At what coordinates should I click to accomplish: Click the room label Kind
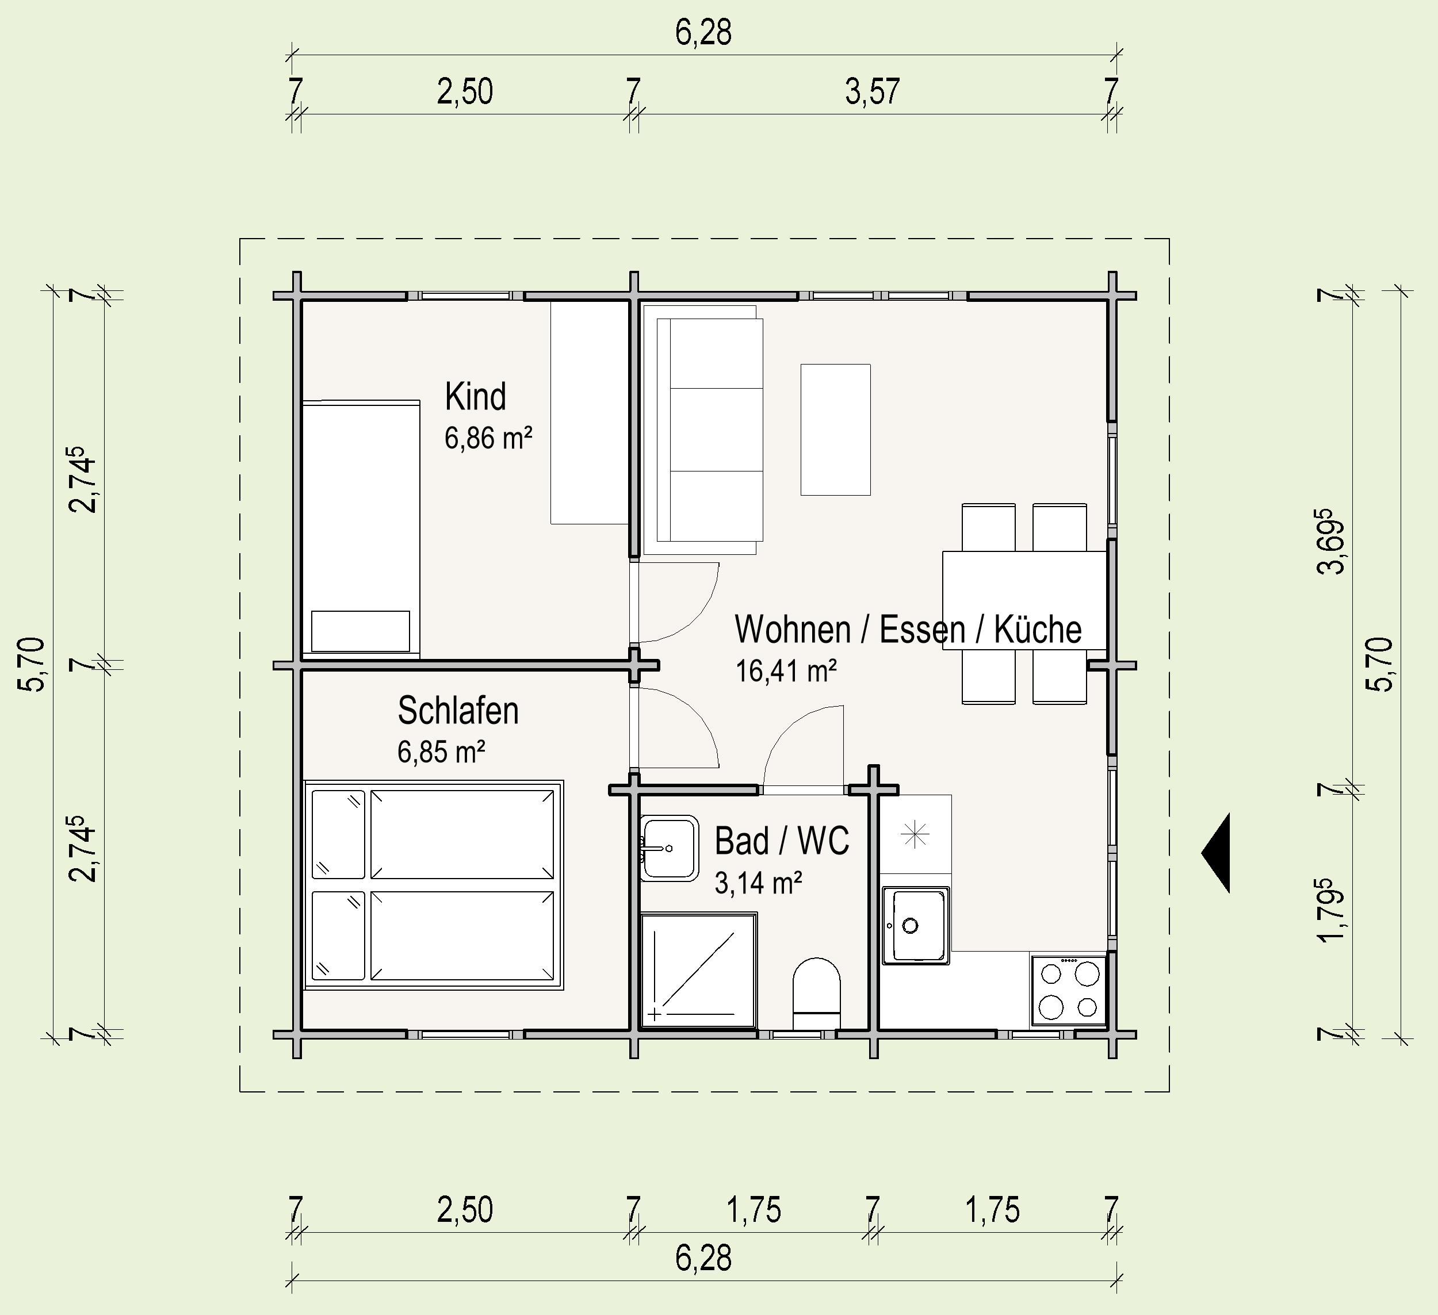click(x=476, y=397)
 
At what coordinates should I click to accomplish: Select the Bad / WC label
click(x=782, y=841)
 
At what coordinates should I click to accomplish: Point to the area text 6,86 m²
click(x=488, y=438)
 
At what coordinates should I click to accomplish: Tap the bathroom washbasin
click(x=669, y=848)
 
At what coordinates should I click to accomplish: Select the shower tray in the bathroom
click(x=699, y=971)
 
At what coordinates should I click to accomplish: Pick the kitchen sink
click(x=916, y=926)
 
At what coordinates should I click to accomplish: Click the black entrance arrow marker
click(x=1215, y=853)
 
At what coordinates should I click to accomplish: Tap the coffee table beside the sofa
click(x=835, y=430)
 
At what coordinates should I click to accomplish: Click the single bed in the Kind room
click(x=361, y=528)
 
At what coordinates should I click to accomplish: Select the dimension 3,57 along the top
click(x=873, y=92)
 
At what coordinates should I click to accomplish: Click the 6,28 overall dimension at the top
click(x=703, y=33)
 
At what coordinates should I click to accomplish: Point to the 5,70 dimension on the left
click(x=33, y=664)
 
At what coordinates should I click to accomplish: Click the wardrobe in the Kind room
click(x=589, y=413)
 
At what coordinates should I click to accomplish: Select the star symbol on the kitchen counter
click(x=915, y=834)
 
